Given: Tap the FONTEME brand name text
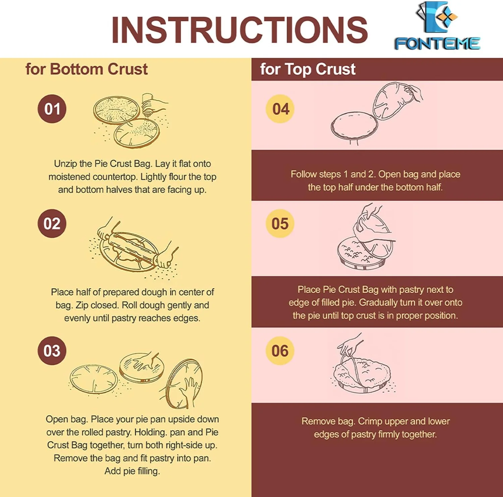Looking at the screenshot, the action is coord(437,44).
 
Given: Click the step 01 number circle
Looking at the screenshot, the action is coord(52,109).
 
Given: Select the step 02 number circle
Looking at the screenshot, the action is coord(52,223).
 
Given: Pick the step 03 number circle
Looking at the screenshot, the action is coord(52,351).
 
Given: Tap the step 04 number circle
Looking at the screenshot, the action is coord(280,109).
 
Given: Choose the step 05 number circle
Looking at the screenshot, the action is coord(280,223).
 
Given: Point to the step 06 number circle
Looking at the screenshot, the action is coord(280,351).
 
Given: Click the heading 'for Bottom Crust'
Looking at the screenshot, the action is coord(87,69).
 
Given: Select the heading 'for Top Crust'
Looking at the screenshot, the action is coord(308,69).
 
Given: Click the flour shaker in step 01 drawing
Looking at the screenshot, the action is coord(148,104).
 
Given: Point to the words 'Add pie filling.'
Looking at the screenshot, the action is coord(132,471).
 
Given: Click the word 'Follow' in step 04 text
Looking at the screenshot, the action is coord(303,174).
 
